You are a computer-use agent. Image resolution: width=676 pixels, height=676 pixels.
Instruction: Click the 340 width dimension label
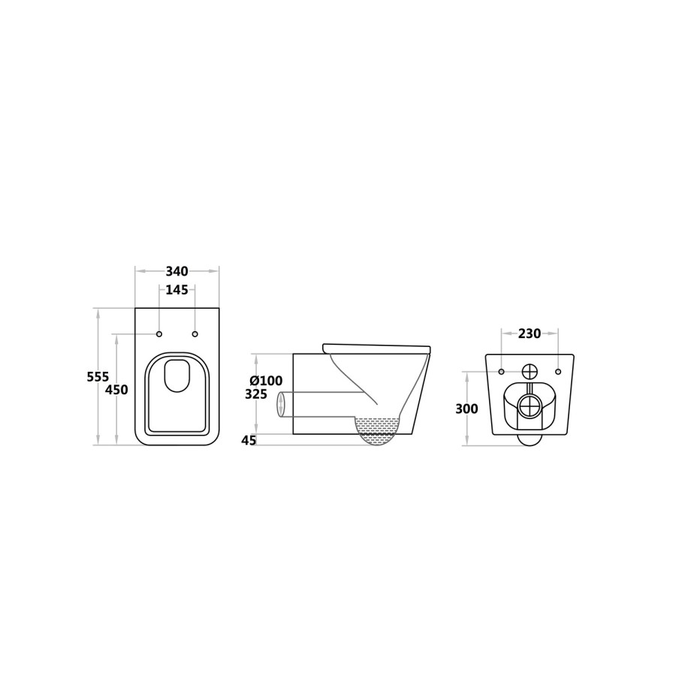[x=177, y=272]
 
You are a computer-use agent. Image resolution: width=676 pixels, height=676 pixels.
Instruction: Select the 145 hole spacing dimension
[x=177, y=290]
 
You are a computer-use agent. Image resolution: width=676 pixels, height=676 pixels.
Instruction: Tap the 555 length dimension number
[x=98, y=377]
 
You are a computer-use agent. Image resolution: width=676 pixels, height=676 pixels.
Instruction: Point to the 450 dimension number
[x=117, y=390]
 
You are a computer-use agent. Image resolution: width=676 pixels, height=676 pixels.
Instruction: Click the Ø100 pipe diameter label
[x=267, y=381]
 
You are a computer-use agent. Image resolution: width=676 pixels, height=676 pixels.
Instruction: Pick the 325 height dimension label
[x=256, y=394]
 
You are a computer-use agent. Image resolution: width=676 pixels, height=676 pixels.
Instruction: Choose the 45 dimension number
[x=249, y=440]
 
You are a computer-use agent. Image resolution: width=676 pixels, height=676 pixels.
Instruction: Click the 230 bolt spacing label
[x=530, y=333]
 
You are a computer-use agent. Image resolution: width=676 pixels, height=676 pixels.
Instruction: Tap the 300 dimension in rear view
[x=467, y=409]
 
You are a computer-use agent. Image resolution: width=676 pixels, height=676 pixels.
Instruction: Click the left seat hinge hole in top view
[x=159, y=334]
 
